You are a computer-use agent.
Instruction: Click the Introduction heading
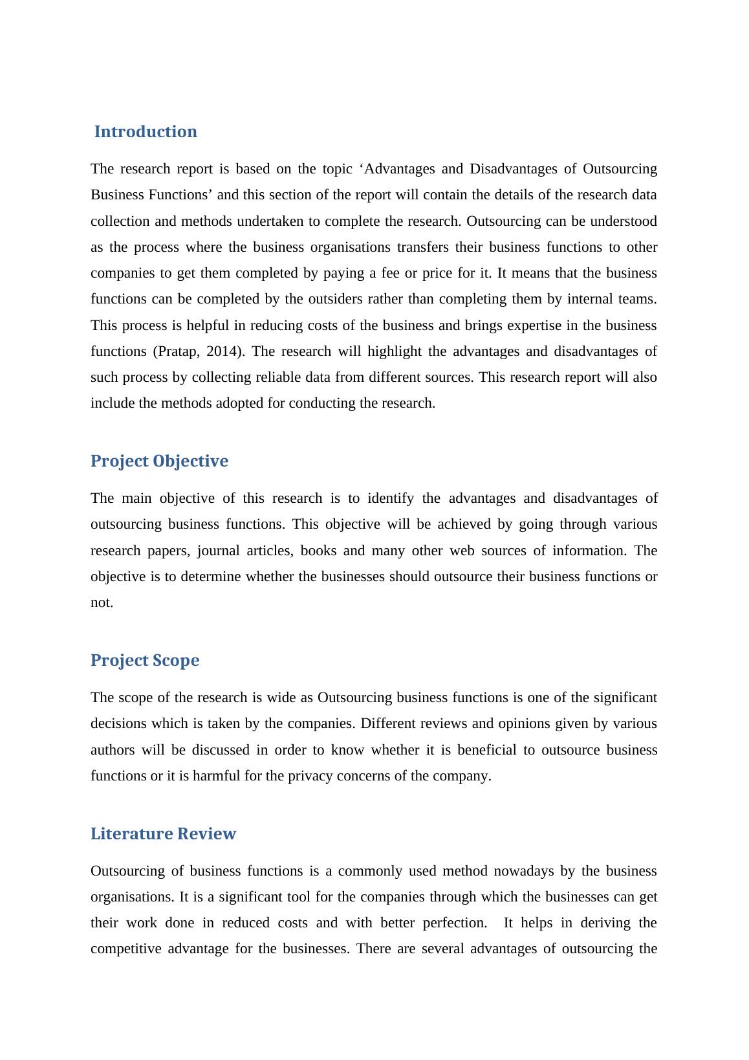click(x=146, y=132)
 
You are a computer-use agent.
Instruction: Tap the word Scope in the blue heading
click(x=176, y=661)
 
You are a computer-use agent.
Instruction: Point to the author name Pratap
click(x=175, y=351)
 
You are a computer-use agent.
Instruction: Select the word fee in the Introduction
click(x=390, y=273)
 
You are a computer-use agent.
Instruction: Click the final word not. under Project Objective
click(x=102, y=602)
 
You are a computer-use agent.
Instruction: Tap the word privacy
click(x=310, y=776)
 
